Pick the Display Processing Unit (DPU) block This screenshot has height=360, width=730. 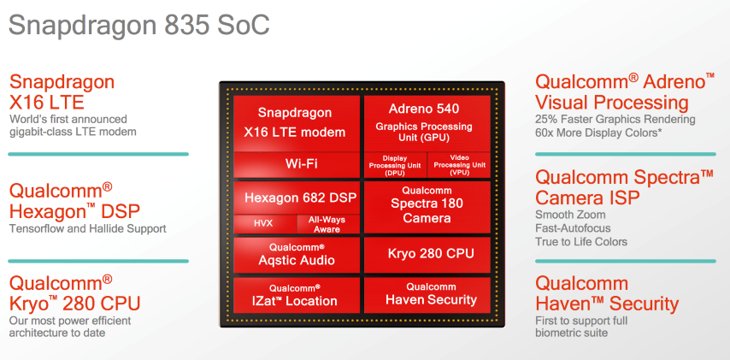click(x=395, y=165)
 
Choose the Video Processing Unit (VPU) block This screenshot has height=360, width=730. click(x=459, y=165)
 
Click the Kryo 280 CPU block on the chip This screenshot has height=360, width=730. click(x=427, y=255)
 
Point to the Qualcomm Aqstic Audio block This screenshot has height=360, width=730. click(x=297, y=255)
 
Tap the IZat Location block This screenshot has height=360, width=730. click(x=297, y=295)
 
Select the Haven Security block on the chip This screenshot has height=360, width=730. click(x=427, y=295)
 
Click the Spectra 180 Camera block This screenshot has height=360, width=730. click(x=427, y=207)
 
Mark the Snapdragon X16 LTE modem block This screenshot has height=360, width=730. click(x=297, y=123)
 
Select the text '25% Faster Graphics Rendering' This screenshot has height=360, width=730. click(x=615, y=120)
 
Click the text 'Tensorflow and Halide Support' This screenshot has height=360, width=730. click(x=87, y=228)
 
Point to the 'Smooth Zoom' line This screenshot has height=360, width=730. click(x=570, y=215)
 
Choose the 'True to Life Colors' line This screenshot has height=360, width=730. click(x=581, y=242)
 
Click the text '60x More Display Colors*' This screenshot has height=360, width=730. click(x=598, y=133)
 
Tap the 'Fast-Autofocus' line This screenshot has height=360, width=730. click(x=573, y=228)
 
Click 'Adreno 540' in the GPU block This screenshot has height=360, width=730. click(x=424, y=109)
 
